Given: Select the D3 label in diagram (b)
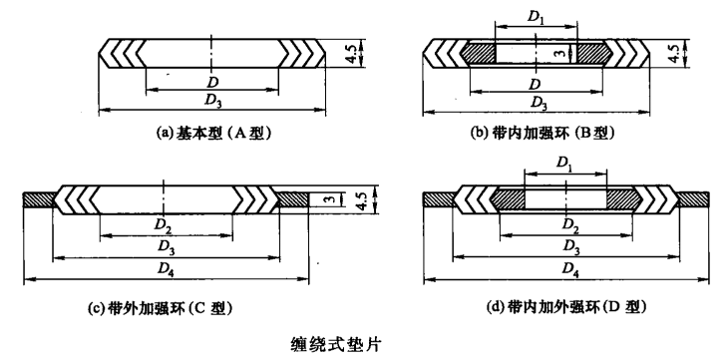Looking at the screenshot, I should coord(540,100).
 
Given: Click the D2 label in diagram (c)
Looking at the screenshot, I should coord(166,227).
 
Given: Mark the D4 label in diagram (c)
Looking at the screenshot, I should coord(166,269).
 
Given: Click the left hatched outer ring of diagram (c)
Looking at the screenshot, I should coord(39,199).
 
